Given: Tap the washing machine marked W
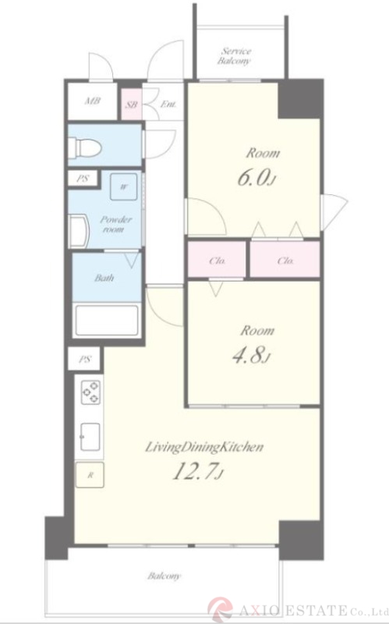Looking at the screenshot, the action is [124, 186].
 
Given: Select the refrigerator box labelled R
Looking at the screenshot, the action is [90, 475].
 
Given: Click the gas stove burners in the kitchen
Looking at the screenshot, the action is [90, 392].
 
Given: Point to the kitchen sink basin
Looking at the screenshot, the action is [90, 437].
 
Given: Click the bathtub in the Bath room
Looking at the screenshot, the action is [107, 321].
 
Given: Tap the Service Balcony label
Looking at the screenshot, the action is [235, 56].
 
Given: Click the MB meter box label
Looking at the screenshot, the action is [92, 101].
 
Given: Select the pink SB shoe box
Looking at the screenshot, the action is [132, 105].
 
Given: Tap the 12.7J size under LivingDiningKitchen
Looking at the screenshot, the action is [197, 472].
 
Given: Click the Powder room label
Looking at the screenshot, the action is [115, 225].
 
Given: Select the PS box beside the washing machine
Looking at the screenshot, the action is [83, 179].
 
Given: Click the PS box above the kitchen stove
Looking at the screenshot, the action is [84, 360].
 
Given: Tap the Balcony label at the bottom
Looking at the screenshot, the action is [164, 576].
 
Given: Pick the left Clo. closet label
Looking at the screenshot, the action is [217, 261].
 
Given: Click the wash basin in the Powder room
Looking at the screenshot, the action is [79, 231].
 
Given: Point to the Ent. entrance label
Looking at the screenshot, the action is [168, 105].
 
